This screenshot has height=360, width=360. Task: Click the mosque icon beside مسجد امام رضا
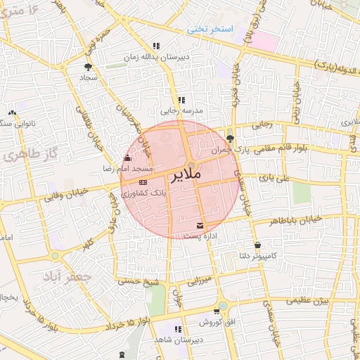pyautogui.click(x=127, y=158)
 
